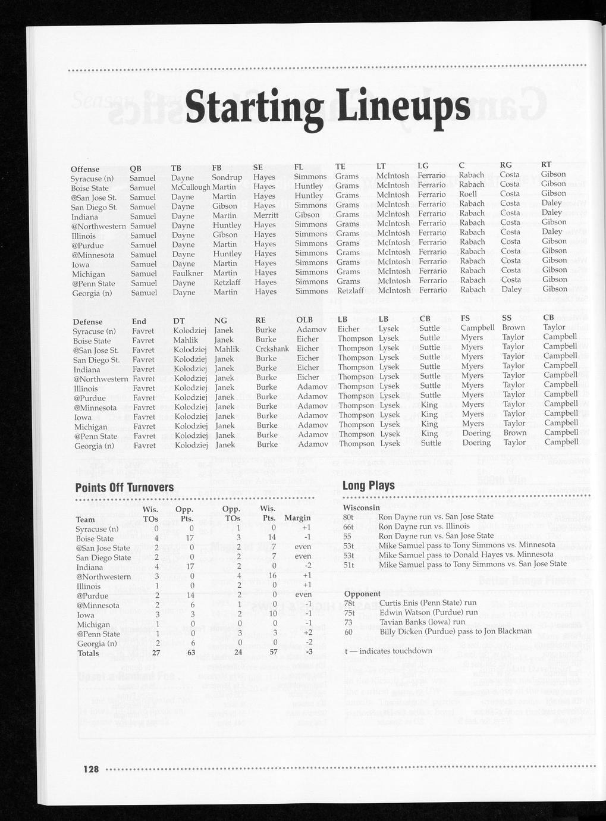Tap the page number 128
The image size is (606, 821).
click(90, 769)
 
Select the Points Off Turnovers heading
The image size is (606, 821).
click(124, 488)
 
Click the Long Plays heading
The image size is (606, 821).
click(368, 485)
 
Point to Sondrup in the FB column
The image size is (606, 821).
click(227, 177)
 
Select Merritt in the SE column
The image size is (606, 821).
click(266, 215)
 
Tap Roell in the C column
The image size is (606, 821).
click(467, 194)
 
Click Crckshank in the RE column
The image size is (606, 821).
click(272, 349)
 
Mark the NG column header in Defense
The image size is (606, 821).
click(220, 321)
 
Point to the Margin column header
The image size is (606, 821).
click(297, 518)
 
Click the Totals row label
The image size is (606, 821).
click(89, 653)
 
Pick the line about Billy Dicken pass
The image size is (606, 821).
click(455, 631)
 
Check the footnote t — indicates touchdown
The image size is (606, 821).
click(388, 650)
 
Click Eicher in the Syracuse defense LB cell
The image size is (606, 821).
click(348, 329)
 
